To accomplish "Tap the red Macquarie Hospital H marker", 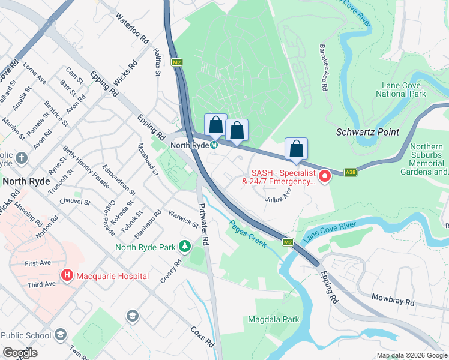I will (x=67, y=276).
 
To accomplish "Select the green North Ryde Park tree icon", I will (x=185, y=247).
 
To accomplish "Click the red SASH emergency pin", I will (x=325, y=176).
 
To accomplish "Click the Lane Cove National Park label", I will (x=400, y=89).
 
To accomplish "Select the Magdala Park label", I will (x=274, y=320).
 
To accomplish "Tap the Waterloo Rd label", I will (x=132, y=29).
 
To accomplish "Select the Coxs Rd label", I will (x=202, y=337).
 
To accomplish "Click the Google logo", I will (x=20, y=353).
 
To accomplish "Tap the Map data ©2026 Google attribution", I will (x=411, y=355).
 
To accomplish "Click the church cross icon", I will (x=22, y=158).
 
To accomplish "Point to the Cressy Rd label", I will (x=170, y=272).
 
